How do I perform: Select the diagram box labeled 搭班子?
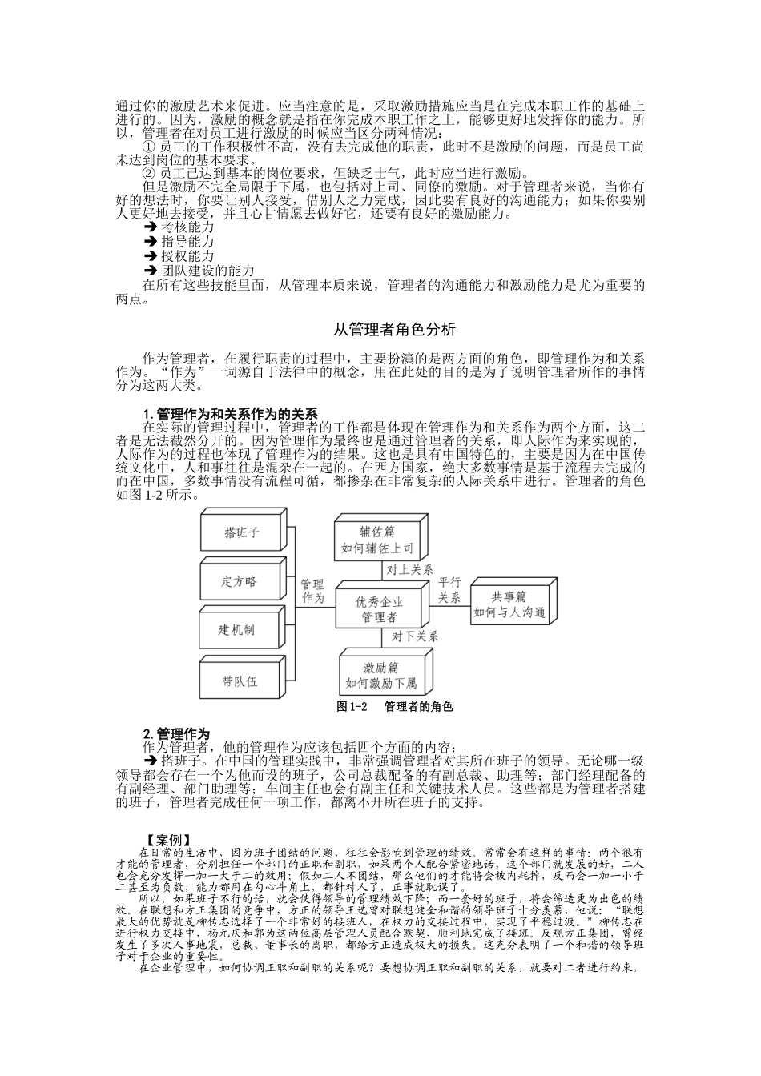[241, 532]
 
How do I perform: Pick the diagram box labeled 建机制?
[238, 630]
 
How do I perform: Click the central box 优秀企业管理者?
[380, 609]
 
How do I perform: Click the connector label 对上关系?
[410, 570]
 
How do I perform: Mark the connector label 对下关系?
[415, 637]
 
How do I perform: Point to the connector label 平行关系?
[449, 590]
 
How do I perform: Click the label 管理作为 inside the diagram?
[313, 592]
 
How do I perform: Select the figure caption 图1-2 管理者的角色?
[395, 707]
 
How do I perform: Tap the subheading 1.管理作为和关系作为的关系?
[231, 414]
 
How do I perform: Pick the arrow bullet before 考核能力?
[150, 227]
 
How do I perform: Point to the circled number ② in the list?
[148, 173]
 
